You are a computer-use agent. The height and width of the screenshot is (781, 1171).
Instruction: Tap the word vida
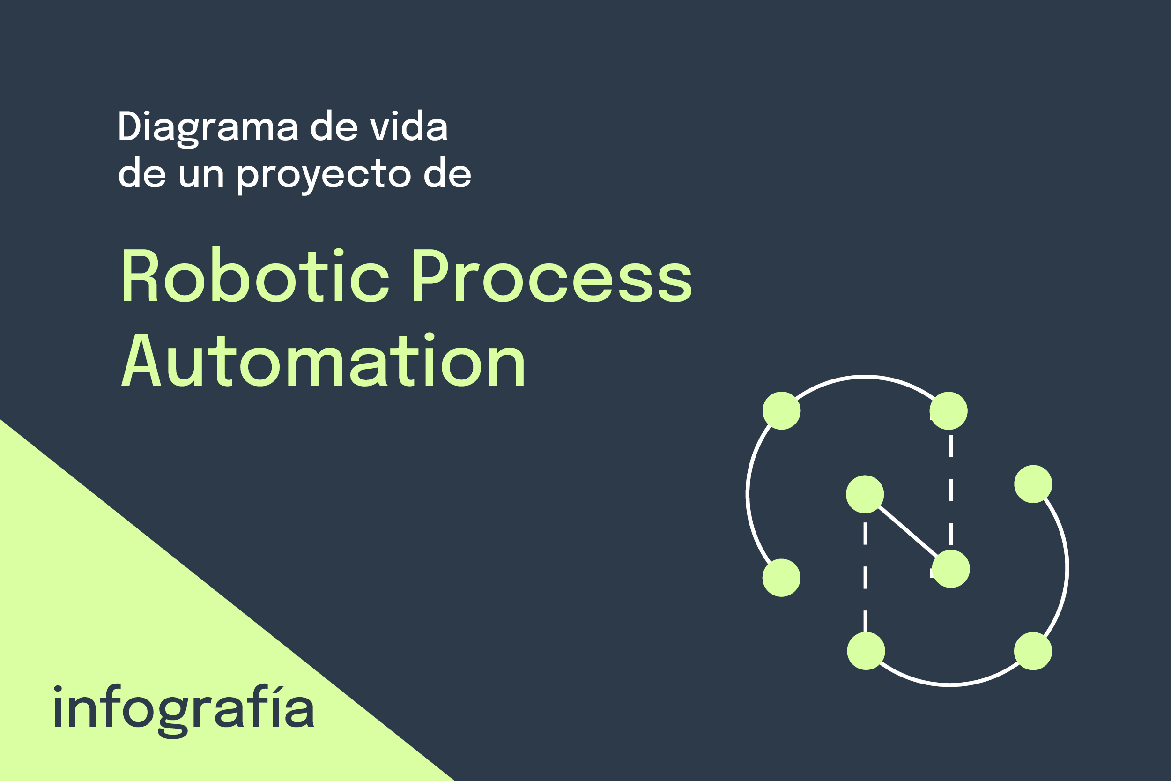(x=409, y=126)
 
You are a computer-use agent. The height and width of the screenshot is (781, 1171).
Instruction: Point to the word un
(x=201, y=174)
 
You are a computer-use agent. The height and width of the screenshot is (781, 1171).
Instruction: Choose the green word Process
(x=553, y=275)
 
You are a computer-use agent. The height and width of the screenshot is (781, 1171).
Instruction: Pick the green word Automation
(x=323, y=360)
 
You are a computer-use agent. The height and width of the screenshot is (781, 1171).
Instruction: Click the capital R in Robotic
(x=141, y=275)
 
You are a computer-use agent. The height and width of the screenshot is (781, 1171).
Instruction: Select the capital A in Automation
(x=141, y=360)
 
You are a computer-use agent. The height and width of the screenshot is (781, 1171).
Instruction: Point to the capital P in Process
(x=431, y=275)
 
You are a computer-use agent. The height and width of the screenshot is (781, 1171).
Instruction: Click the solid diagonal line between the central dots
(x=908, y=531)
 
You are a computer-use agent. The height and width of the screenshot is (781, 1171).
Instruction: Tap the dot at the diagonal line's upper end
(x=865, y=494)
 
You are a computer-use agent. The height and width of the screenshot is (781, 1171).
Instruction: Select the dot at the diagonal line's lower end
(x=951, y=569)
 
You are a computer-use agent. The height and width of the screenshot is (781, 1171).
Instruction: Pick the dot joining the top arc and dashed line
(x=949, y=411)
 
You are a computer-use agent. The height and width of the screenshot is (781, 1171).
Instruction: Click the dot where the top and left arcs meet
(x=782, y=411)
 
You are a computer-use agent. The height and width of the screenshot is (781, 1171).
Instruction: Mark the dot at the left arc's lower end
(x=782, y=578)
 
